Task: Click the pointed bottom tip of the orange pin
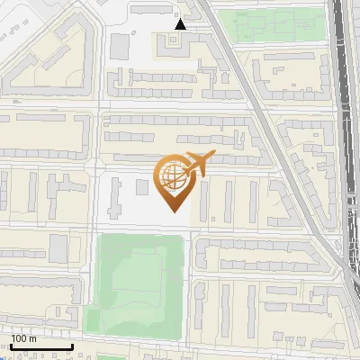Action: tap(173, 211)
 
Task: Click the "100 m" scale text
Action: tap(23, 338)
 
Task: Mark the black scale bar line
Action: tap(41, 346)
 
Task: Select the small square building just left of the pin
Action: tap(142, 187)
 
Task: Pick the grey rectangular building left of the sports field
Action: tap(58, 247)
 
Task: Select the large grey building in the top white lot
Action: tap(120, 47)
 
